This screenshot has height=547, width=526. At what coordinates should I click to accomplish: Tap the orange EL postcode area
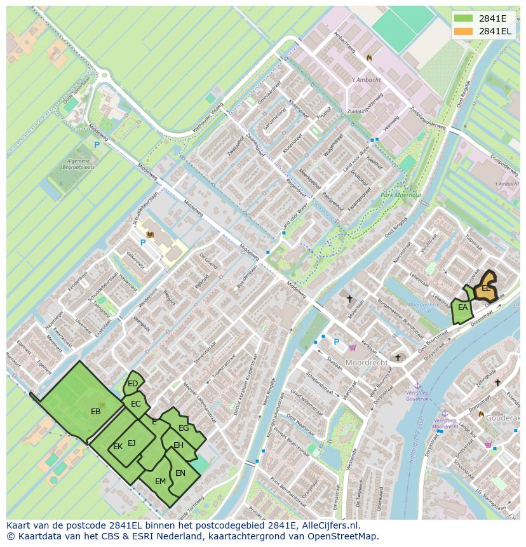[x=486, y=288]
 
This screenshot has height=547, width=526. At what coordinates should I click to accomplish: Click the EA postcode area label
[x=463, y=308]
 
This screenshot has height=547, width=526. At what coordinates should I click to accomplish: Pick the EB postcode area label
[x=96, y=412]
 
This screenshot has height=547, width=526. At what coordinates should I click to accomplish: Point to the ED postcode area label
[x=133, y=384]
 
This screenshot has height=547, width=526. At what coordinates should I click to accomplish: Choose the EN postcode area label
[x=180, y=473]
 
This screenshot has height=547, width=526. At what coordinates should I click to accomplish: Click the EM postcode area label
[x=160, y=482]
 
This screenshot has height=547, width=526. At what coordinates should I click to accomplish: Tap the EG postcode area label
[x=184, y=428]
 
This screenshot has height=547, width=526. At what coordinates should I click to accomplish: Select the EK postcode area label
[x=118, y=447]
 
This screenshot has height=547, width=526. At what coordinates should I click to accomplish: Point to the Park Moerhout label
[x=400, y=196]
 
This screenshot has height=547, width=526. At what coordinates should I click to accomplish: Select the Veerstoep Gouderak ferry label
[x=417, y=395]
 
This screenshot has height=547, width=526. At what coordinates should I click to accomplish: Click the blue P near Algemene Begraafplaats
[x=97, y=145]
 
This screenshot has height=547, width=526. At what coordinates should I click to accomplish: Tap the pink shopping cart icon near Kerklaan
[x=351, y=348]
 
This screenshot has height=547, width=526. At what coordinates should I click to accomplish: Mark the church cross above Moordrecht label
[x=398, y=358]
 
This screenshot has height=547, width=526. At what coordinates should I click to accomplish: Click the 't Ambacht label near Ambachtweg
[x=367, y=80]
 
